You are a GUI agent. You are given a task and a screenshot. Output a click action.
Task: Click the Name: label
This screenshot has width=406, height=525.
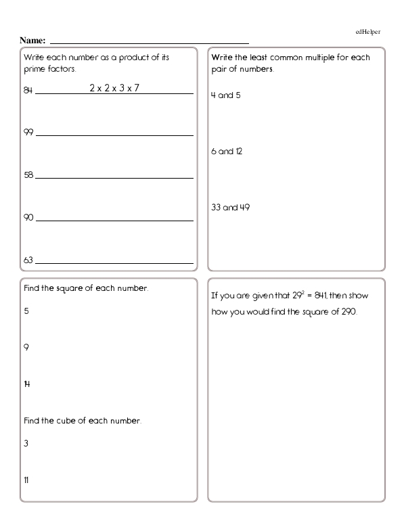(x=34, y=41)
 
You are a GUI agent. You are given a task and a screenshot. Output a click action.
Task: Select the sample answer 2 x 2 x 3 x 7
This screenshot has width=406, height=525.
(x=114, y=88)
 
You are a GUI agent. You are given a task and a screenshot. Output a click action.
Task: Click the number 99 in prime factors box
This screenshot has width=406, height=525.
(x=28, y=133)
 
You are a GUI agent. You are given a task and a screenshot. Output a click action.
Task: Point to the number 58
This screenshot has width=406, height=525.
(x=28, y=175)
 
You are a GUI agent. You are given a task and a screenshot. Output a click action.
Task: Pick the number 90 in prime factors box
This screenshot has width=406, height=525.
(x=28, y=218)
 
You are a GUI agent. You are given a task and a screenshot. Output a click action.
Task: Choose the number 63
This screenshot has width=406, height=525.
(x=28, y=260)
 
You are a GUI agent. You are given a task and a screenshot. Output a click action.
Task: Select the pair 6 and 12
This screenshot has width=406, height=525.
(x=227, y=152)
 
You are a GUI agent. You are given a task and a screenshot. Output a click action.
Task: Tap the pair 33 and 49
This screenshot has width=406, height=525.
(x=231, y=207)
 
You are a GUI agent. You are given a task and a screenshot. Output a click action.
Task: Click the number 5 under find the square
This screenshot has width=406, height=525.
(x=26, y=311)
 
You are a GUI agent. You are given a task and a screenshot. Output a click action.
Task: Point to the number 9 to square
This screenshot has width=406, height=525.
(x=26, y=348)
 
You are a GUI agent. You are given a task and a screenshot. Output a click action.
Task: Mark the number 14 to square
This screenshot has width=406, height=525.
(x=27, y=384)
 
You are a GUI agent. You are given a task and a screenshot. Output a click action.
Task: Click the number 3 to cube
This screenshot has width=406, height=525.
(x=26, y=444)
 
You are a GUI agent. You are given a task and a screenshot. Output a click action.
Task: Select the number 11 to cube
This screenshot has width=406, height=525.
(x=26, y=480)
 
